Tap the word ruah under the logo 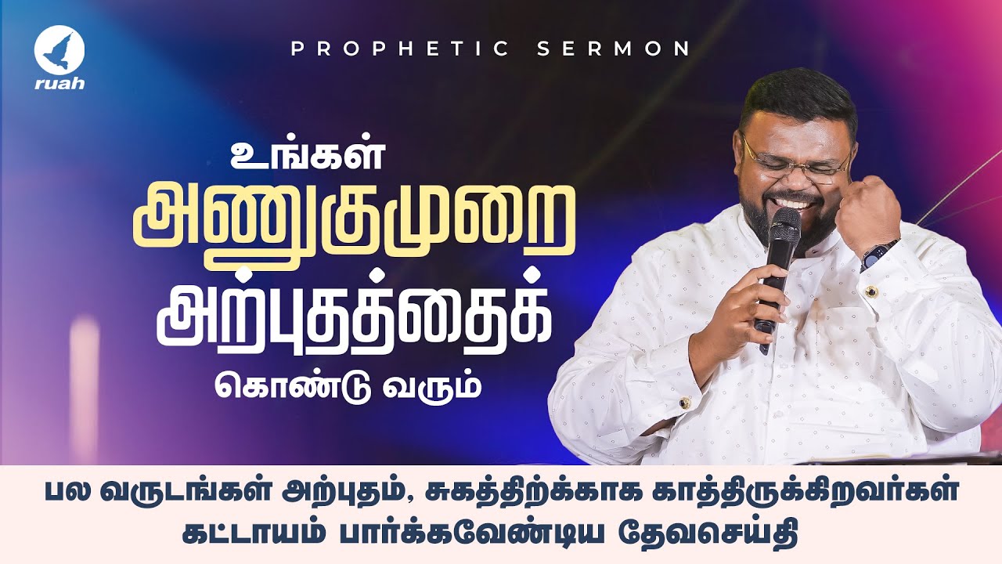tap(59, 84)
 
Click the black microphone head tap(784, 227)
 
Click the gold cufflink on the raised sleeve tap(870, 291)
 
